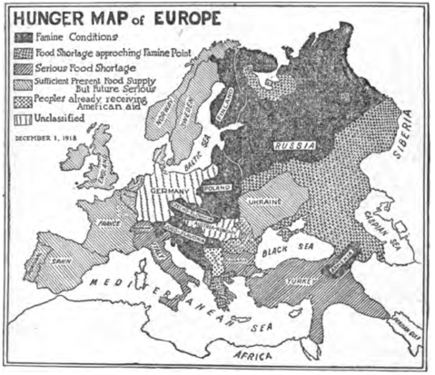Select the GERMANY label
168,192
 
